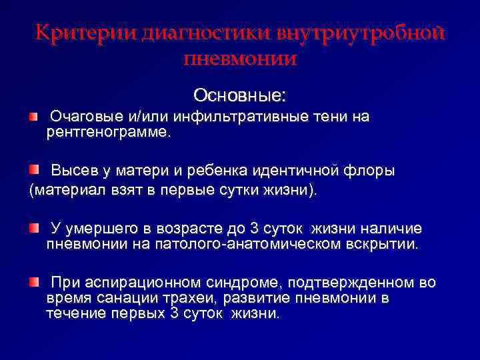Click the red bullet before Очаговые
coord(33,117)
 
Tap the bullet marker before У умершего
coord(33,229)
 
